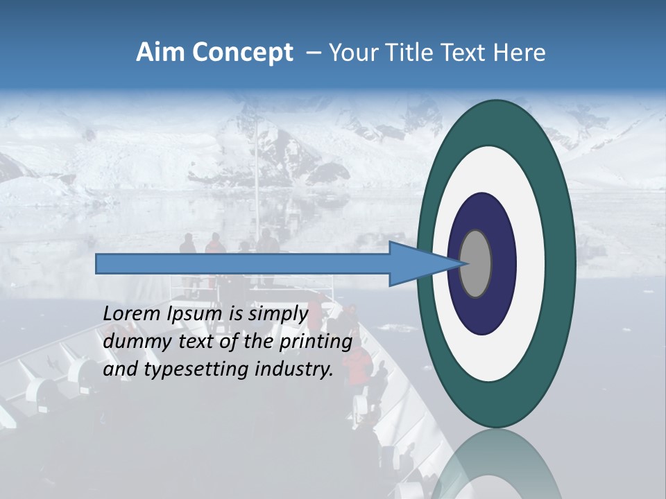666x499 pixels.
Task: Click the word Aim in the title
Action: coord(159,53)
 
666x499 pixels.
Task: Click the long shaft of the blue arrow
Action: coord(243,263)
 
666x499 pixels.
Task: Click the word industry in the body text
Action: coord(294,369)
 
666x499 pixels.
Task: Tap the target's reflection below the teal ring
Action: coord(496,464)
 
